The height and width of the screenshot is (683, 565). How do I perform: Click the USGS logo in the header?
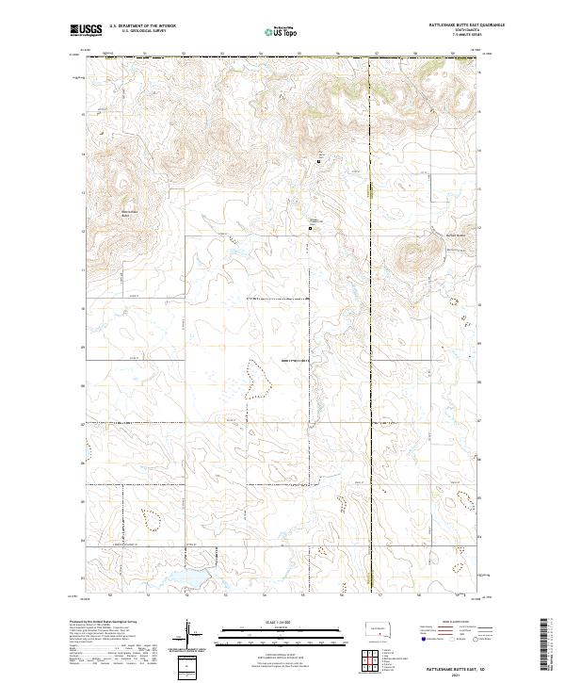[x=87, y=31]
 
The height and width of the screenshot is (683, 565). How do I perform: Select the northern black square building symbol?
[x=319, y=161]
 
